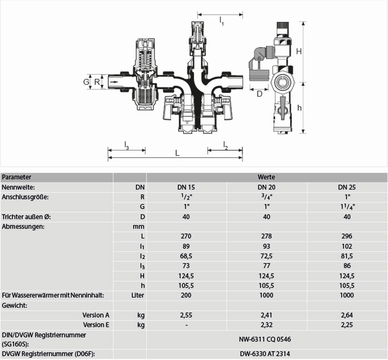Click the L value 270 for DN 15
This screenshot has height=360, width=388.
point(186,236)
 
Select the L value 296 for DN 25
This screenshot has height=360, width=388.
point(347,236)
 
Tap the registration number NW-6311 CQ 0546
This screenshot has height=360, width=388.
point(265,339)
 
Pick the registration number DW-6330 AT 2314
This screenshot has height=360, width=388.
point(265,354)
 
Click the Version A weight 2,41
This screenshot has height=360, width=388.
point(266,315)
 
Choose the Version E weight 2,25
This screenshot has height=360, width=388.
point(347,325)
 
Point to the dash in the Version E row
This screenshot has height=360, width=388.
point(186,325)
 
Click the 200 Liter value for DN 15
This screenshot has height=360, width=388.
point(186,295)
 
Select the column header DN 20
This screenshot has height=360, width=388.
point(267,187)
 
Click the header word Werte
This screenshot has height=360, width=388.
point(266,177)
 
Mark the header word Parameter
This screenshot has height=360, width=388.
point(17,177)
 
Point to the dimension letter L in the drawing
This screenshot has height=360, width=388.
point(177,153)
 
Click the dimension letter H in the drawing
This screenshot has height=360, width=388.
point(299,51)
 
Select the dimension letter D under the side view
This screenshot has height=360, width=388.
point(259,94)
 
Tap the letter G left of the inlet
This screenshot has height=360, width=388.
point(86,82)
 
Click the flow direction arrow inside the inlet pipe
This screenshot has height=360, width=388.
point(114,82)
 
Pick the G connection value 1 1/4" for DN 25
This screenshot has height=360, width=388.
point(347,207)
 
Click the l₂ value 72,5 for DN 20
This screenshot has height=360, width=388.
point(266,256)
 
